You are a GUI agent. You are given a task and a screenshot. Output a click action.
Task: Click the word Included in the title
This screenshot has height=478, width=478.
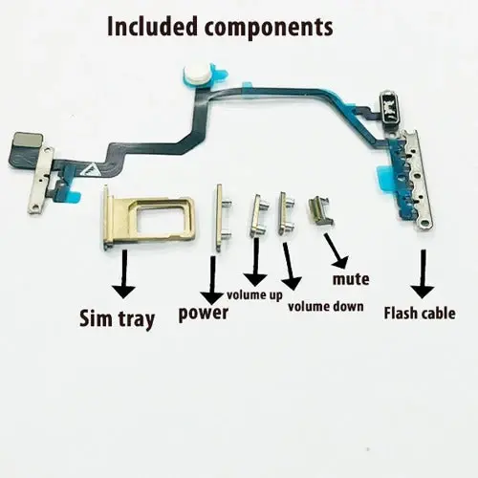pos(152,26)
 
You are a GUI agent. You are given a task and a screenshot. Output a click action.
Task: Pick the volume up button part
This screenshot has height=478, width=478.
pos(258,216)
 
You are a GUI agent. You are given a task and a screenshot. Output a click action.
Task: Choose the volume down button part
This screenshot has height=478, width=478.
pos(286,213)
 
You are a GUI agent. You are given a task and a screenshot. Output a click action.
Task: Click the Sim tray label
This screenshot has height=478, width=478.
pos(117,319)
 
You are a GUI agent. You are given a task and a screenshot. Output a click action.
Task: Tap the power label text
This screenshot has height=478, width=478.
pos(204,314)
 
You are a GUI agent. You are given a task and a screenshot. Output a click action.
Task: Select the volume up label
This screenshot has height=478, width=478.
pos(254,295)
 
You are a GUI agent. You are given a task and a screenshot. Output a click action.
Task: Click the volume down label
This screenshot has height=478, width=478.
pos(326,307)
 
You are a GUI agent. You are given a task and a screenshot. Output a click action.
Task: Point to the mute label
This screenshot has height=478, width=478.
pos(351,279)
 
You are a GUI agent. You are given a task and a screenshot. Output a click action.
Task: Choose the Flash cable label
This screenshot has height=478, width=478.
pos(420,313)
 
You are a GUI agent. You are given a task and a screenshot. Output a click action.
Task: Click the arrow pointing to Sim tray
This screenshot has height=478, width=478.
pos(123,273)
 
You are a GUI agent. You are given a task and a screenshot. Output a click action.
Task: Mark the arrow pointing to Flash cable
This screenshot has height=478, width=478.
pos(423,273)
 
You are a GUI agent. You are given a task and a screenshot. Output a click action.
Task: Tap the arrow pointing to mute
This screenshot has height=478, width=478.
pos(336,250)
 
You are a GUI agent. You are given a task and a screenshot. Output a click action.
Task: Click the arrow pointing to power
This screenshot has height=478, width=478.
pos(212,280)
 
